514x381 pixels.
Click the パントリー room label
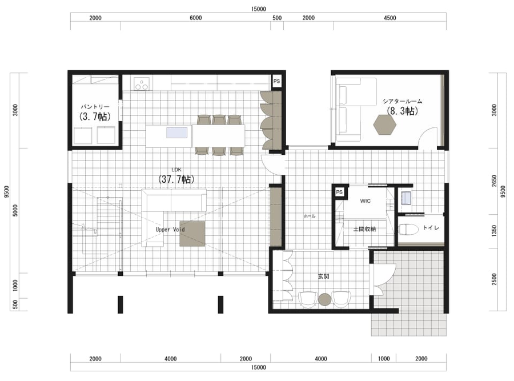(x=95, y=107)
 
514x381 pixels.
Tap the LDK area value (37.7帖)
(x=176, y=179)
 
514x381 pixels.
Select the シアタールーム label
(x=402, y=101)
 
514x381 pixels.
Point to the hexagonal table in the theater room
(x=385, y=125)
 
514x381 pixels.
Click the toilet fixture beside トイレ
(x=408, y=229)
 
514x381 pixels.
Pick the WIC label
(x=365, y=201)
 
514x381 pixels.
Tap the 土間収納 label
(x=364, y=229)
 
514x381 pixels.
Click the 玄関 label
(x=324, y=276)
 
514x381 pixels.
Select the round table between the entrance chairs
(x=325, y=300)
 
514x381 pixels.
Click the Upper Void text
(x=170, y=230)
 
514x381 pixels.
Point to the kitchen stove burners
(x=142, y=83)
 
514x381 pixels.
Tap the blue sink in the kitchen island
(x=176, y=133)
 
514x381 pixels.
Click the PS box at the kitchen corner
(x=277, y=81)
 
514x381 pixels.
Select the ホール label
(x=310, y=216)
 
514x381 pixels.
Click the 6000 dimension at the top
(x=196, y=18)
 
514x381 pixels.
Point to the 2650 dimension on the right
(x=495, y=181)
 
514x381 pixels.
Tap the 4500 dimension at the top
(x=389, y=18)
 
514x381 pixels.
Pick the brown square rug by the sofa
(x=192, y=234)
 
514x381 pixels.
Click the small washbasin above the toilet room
(x=406, y=198)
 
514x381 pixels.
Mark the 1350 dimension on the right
(x=495, y=231)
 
